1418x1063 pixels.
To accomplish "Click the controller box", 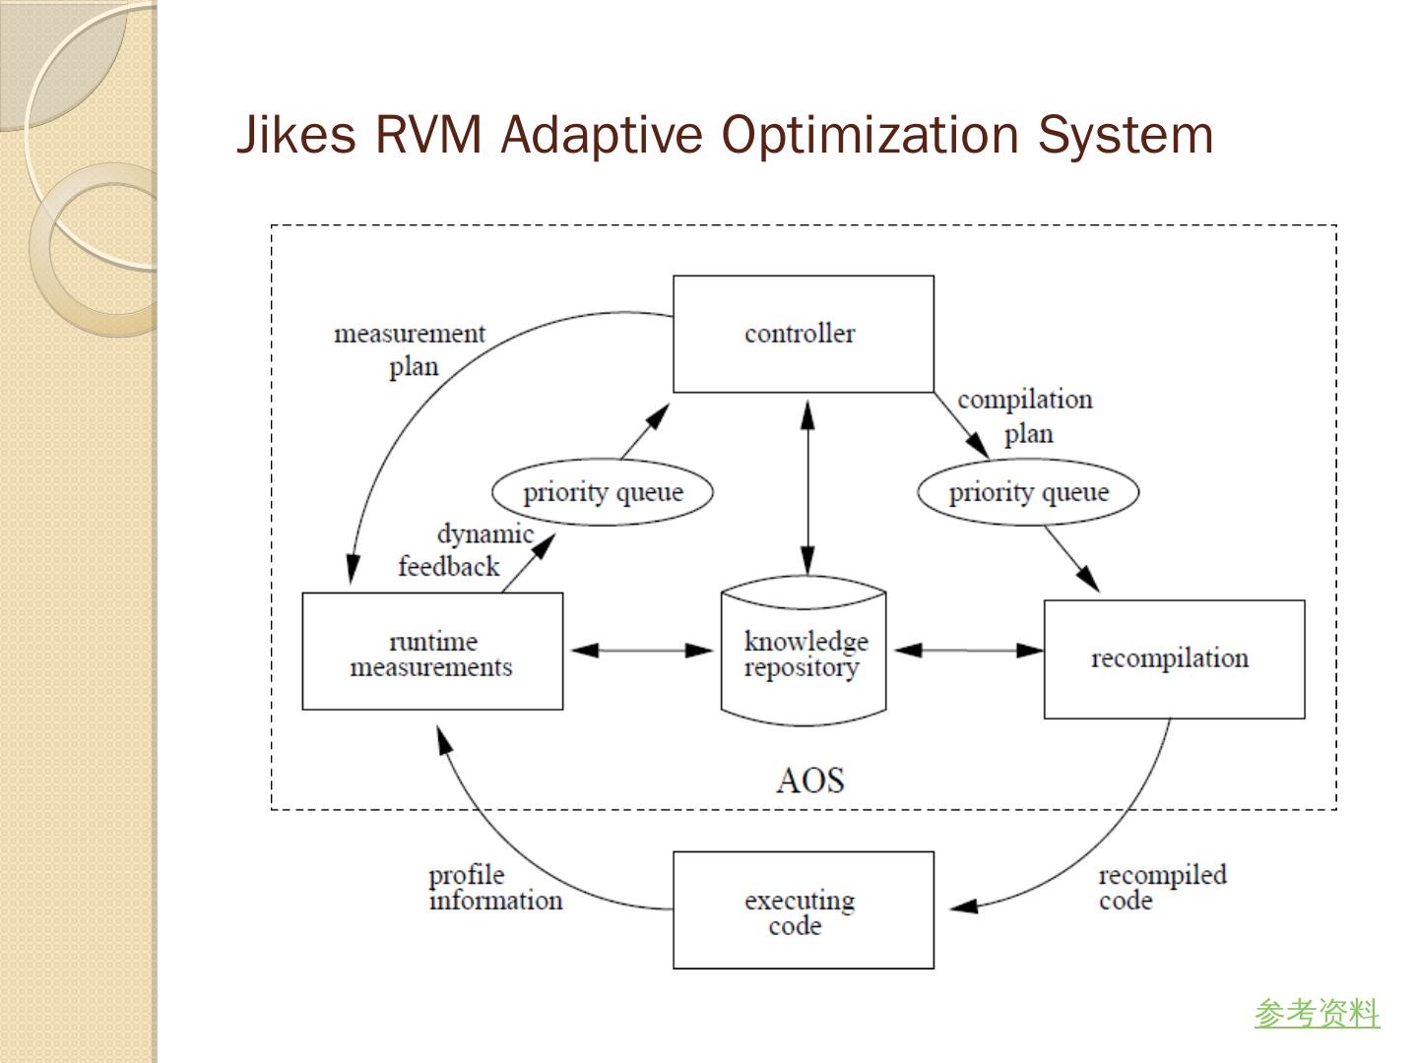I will point(803,334).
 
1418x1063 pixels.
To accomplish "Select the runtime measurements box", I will point(432,652).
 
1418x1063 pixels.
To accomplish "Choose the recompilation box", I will point(1174,658).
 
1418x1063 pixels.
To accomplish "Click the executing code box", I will point(803,910).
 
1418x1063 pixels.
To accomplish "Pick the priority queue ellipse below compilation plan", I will point(1028,492).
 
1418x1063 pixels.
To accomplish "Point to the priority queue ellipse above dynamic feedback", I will point(602,492).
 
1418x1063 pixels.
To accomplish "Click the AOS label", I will point(809,781).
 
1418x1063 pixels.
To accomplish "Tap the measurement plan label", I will point(411,349).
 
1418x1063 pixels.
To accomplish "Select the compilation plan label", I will point(1025,415).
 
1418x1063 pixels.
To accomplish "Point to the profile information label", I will point(494,888).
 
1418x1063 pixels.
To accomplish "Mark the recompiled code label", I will point(1162,888).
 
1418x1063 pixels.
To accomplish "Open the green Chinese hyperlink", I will point(1317,1013).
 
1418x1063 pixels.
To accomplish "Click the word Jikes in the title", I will point(296,135).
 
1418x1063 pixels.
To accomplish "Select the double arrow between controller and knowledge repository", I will point(807,487).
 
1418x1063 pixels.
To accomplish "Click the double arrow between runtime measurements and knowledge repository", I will point(642,651).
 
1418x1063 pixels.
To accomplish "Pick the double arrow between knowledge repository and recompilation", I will point(968,651).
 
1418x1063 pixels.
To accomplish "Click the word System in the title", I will point(1125,135).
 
